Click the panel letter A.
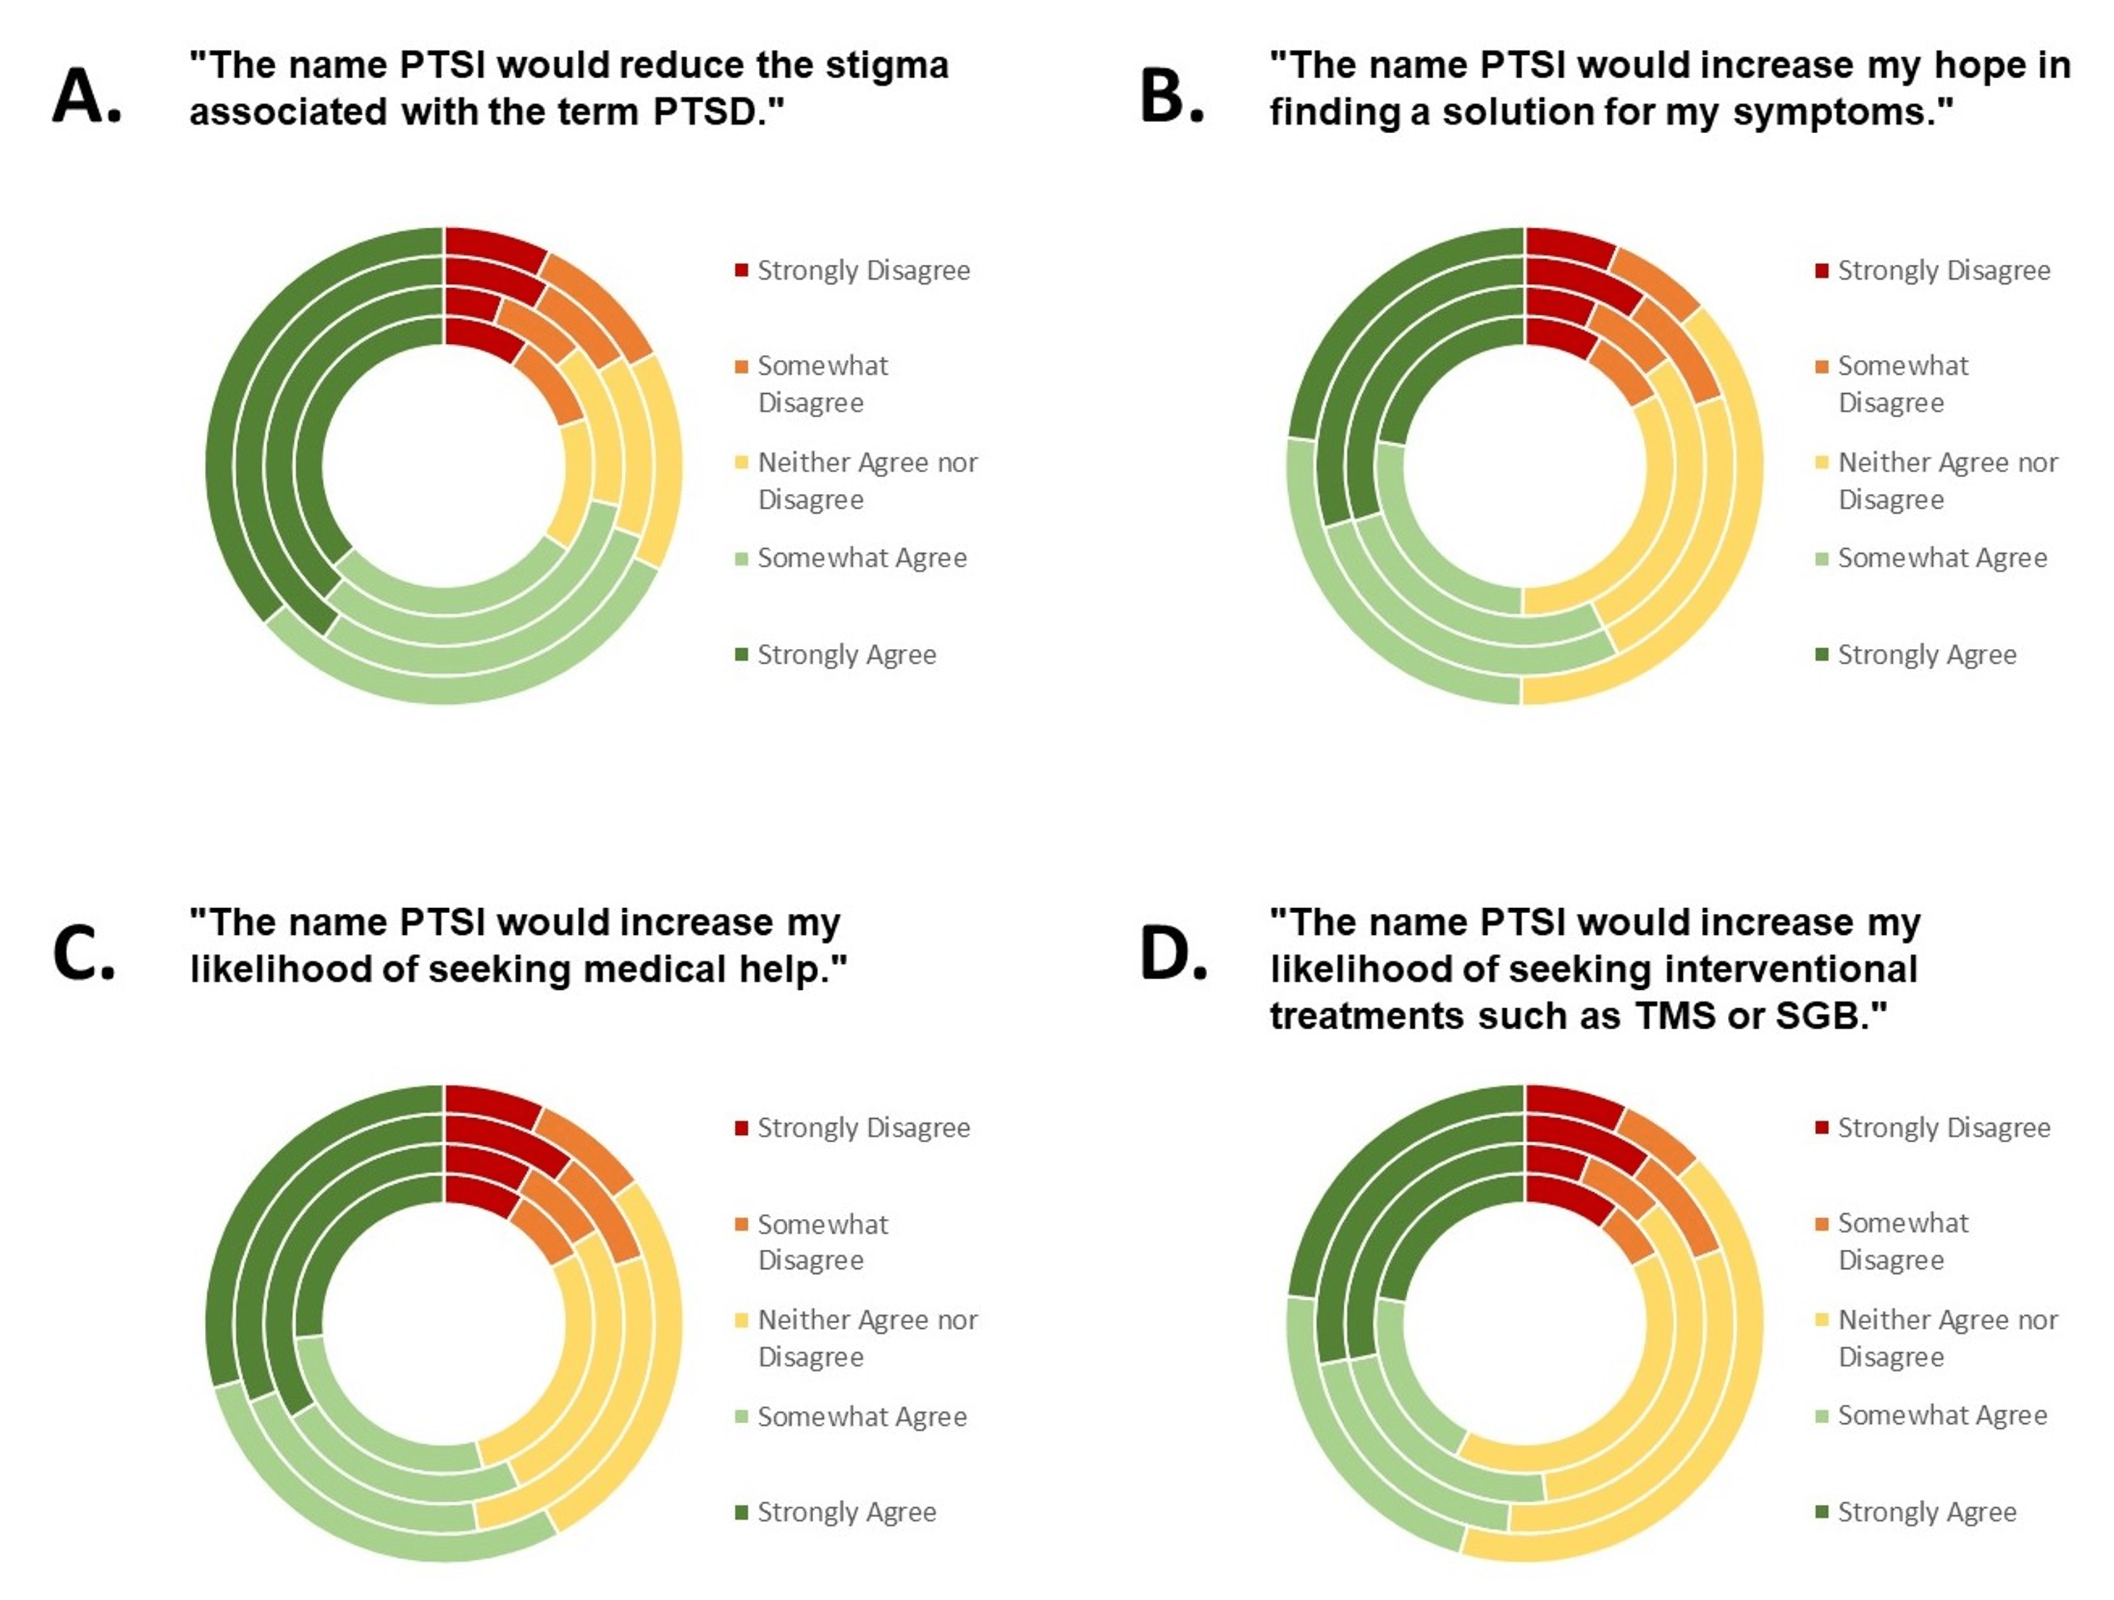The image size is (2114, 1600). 86,97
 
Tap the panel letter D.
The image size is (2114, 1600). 1173,953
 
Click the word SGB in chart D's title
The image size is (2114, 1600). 1827,1015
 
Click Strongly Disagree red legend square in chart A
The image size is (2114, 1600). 741,271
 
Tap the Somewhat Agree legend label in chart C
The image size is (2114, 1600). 861,1417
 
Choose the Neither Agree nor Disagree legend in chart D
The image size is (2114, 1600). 1947,1338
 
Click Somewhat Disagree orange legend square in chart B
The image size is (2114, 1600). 1822,367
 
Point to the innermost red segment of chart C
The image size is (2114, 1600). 481,1195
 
